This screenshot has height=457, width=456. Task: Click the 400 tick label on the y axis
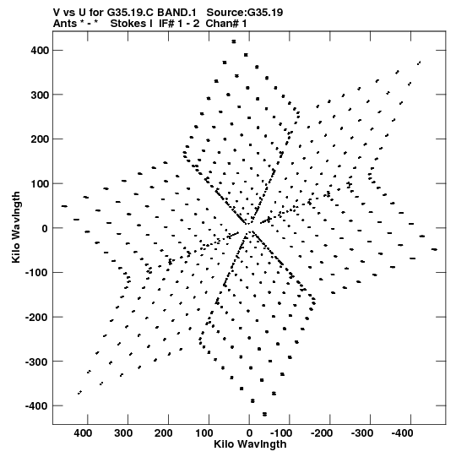[40, 51]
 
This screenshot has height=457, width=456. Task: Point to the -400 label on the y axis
[37, 406]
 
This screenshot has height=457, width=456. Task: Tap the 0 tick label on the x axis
[249, 433]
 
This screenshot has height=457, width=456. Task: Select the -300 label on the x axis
[362, 433]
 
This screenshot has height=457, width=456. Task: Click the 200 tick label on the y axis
[40, 139]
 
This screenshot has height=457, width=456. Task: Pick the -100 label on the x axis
[281, 433]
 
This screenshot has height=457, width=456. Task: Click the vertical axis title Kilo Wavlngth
[16, 227]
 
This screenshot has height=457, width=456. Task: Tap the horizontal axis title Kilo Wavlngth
[250, 444]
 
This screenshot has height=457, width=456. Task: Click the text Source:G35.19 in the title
[245, 13]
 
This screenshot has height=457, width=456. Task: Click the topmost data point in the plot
[234, 41]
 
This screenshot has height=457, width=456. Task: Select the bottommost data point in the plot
[264, 414]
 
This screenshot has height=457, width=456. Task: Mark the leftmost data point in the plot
[64, 206]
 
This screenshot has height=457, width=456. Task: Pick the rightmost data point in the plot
[434, 249]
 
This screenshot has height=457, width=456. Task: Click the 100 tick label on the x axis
[204, 433]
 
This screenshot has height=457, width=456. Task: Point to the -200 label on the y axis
[37, 317]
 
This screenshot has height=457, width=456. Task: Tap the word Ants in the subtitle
[64, 24]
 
